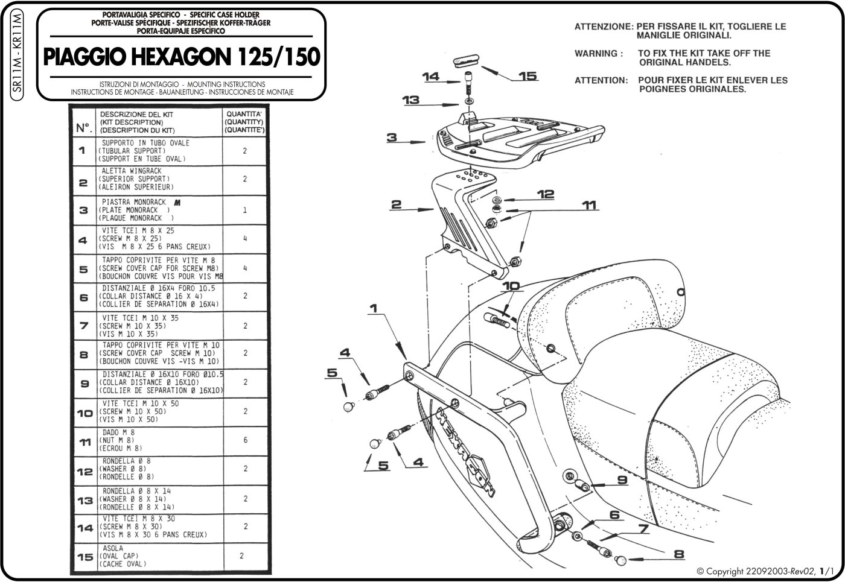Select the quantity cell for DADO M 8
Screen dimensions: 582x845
[244, 440]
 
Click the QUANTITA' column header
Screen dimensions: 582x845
[244, 121]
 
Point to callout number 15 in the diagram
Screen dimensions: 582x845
[528, 76]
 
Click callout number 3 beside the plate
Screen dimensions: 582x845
[392, 138]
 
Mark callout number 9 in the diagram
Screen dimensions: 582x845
[623, 481]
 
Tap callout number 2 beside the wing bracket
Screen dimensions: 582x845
[395, 205]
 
